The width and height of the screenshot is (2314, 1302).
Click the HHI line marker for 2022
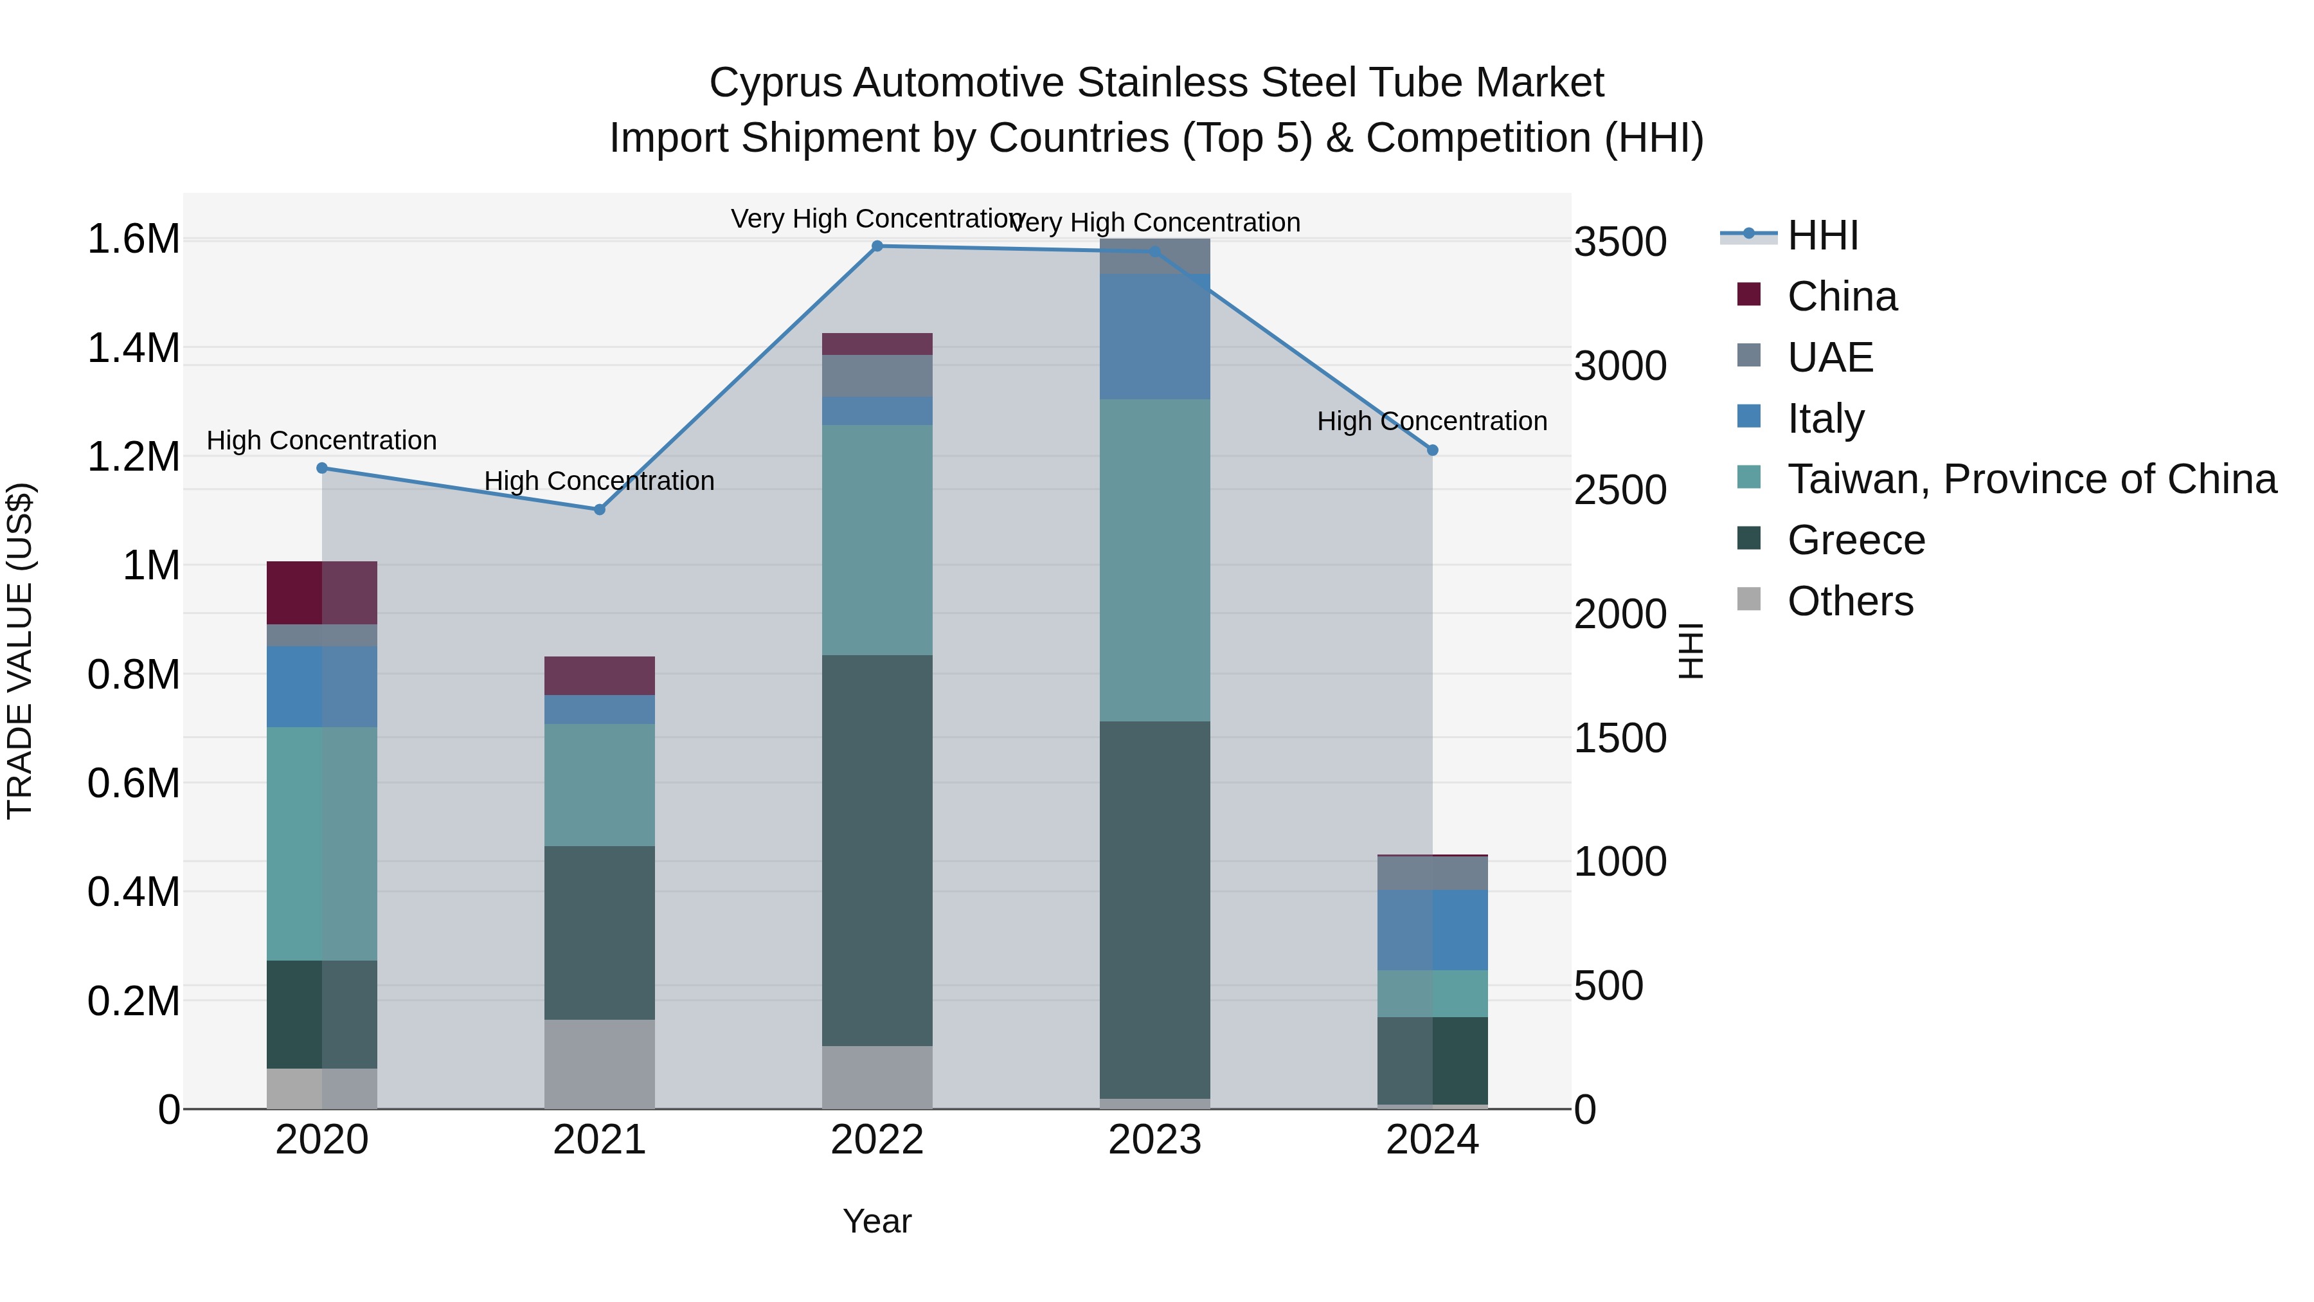point(877,246)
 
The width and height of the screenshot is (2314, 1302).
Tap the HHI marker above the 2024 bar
point(1432,450)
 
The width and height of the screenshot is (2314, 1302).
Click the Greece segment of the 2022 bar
point(877,850)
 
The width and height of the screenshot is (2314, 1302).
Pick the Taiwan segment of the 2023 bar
point(1154,560)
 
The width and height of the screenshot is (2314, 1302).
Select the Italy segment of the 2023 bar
point(1154,337)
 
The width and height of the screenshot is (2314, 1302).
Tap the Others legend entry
point(1849,601)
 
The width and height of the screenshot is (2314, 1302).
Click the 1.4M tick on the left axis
point(133,348)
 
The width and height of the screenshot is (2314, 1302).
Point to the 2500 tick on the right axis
point(1620,491)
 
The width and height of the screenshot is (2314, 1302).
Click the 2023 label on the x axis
point(1154,1140)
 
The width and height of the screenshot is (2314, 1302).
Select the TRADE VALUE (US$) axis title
point(21,651)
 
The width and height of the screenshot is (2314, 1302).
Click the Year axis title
point(877,1221)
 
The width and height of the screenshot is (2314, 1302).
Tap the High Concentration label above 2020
point(321,440)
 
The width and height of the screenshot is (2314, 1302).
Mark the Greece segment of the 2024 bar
point(1432,1060)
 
